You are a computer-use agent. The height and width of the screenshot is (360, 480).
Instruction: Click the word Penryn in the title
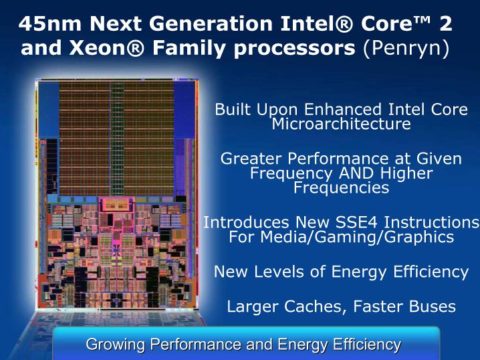click(406, 48)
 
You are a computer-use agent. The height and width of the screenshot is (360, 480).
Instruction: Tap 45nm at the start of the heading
click(50, 23)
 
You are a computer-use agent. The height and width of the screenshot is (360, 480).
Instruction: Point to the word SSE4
click(356, 222)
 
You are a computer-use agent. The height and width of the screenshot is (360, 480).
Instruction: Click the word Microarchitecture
click(341, 124)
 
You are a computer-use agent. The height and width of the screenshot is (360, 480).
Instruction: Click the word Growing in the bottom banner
click(115, 345)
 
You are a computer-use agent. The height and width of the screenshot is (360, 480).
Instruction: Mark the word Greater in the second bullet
click(251, 159)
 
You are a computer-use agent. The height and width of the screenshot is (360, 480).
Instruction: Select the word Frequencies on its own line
click(342, 187)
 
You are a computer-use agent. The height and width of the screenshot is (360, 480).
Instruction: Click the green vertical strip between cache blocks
click(116, 139)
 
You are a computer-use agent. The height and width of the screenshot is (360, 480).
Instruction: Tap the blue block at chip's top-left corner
click(48, 109)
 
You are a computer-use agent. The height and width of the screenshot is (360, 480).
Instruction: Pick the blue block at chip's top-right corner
click(185, 109)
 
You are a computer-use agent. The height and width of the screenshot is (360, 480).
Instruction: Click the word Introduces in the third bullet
click(246, 222)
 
